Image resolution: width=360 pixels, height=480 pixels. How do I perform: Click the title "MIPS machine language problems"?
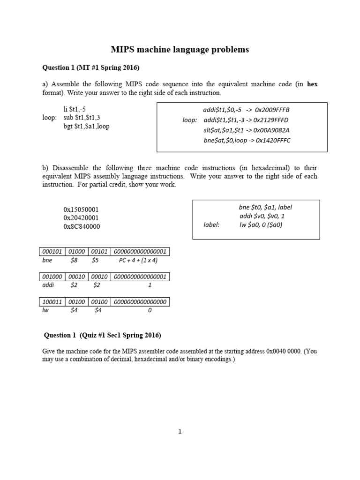pos(180,49)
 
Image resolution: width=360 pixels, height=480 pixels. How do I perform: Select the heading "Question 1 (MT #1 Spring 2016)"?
pos(91,67)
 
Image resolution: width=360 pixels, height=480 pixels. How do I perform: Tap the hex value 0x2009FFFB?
pos(272,110)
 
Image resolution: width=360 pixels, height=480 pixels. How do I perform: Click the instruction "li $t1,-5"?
pos(75,109)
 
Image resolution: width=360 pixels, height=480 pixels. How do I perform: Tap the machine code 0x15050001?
pos(81,210)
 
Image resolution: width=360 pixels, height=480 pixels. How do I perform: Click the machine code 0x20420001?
pos(81,218)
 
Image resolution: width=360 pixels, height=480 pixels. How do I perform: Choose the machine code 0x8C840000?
pos(82,226)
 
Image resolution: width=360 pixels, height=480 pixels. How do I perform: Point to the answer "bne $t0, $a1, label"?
pos(265,207)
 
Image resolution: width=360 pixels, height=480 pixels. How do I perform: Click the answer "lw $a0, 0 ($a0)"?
pos(261,225)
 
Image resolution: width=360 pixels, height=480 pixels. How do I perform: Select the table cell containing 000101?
pos(52,252)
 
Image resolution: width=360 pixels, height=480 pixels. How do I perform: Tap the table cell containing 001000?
pos(52,277)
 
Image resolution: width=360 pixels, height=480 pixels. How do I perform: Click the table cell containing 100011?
pos(52,302)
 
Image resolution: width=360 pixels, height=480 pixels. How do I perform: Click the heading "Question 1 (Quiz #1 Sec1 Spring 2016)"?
pos(102,335)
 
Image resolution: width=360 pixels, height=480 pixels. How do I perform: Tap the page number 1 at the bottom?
pos(180,432)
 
